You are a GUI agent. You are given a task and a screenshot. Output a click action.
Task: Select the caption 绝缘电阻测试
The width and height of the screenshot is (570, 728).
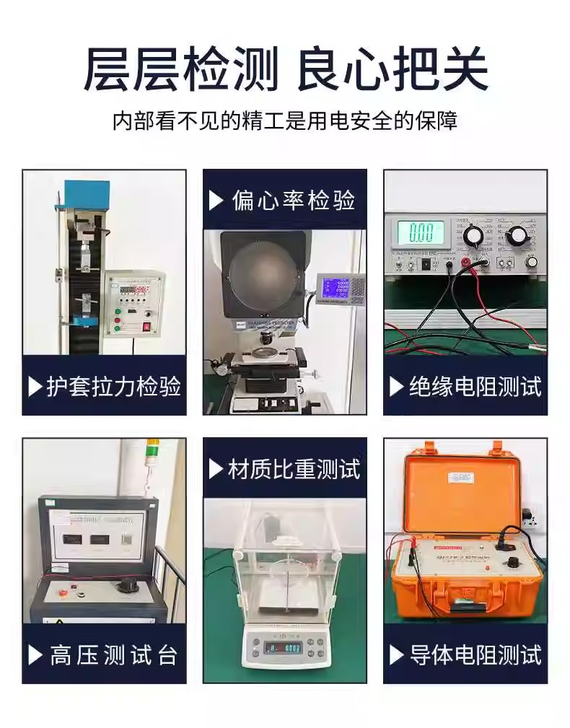coord(474,387)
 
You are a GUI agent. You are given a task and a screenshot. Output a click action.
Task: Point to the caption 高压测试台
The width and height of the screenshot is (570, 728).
coord(113,655)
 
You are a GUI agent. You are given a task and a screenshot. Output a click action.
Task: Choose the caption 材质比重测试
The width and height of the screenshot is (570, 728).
coord(294,469)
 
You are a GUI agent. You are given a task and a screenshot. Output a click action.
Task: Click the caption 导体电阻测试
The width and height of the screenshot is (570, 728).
coord(474,655)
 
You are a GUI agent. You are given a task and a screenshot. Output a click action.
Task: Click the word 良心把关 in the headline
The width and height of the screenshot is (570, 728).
coord(393,69)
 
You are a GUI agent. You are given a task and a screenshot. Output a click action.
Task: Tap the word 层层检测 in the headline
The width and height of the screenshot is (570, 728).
coord(180,69)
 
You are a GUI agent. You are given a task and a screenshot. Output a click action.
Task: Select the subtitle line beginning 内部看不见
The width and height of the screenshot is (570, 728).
coord(285,120)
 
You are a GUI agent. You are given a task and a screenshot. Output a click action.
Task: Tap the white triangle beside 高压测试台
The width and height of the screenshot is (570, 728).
coord(35,655)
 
